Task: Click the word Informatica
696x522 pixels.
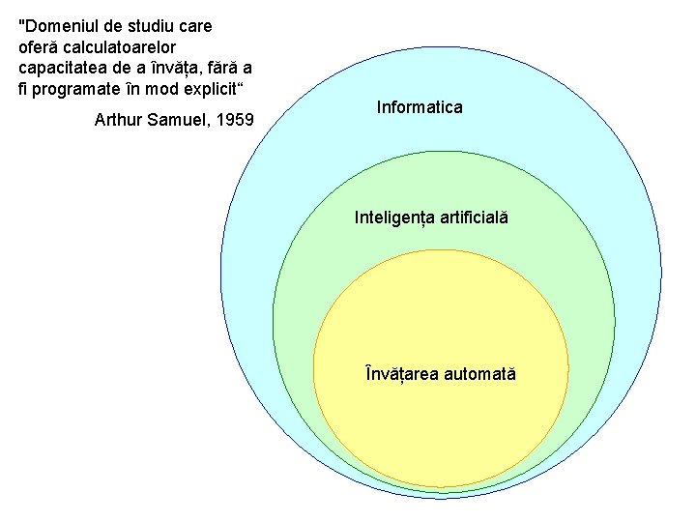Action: [420, 107]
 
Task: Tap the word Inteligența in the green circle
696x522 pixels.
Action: [394, 218]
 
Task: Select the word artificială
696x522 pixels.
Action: [474, 218]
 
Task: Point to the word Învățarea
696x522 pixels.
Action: [402, 373]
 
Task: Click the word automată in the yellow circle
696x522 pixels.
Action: [480, 373]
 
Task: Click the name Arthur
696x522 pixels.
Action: [116, 121]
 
